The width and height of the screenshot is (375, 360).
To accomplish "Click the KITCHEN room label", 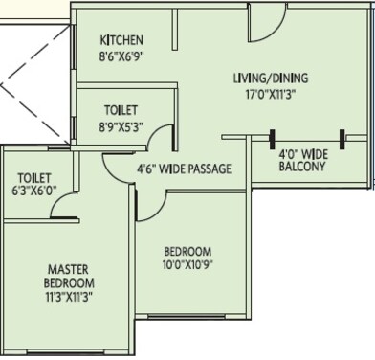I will (x=121, y=40).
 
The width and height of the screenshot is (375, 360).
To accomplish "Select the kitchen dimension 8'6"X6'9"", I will (x=121, y=56).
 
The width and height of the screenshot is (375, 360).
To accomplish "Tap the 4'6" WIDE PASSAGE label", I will (x=185, y=169).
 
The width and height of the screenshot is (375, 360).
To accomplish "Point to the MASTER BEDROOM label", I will (x=69, y=277).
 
